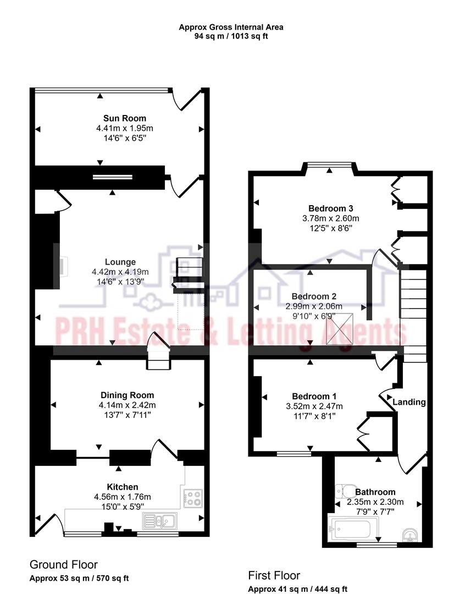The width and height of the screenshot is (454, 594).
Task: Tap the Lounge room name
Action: tap(120, 262)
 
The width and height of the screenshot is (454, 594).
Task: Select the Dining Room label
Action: tap(127, 395)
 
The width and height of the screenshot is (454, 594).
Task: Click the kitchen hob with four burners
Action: tap(193, 497)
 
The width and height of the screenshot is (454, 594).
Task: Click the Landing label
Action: tap(409, 402)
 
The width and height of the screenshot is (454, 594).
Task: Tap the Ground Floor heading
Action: tap(63, 564)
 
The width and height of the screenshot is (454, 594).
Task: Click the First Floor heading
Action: tap(274, 575)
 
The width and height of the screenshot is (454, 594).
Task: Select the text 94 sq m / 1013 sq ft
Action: tap(231, 36)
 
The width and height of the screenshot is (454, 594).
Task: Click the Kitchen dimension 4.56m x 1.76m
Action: tap(122, 497)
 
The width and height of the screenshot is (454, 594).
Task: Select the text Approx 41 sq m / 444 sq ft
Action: tap(297, 589)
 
